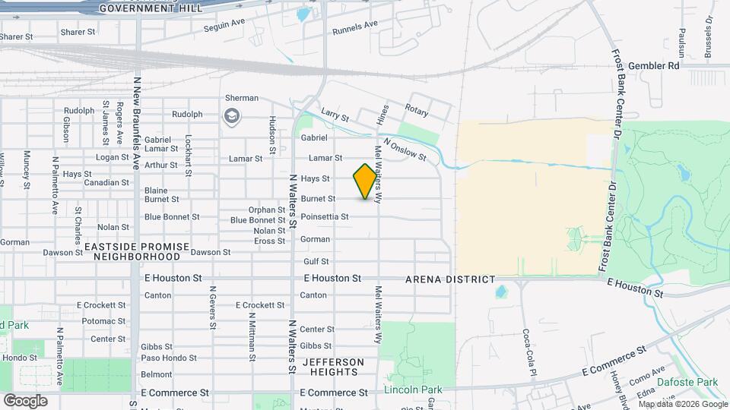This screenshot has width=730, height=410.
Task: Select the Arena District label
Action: [450, 280]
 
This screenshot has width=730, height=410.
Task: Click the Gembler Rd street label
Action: [653, 66]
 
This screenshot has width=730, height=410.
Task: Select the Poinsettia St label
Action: [325, 217]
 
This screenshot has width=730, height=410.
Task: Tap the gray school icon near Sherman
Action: [230, 115]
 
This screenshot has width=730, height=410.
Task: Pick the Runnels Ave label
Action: [355, 28]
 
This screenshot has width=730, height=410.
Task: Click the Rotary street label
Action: [417, 110]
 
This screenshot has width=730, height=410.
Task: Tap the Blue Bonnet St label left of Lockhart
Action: [172, 217]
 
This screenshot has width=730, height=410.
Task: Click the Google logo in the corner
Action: [25, 400]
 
